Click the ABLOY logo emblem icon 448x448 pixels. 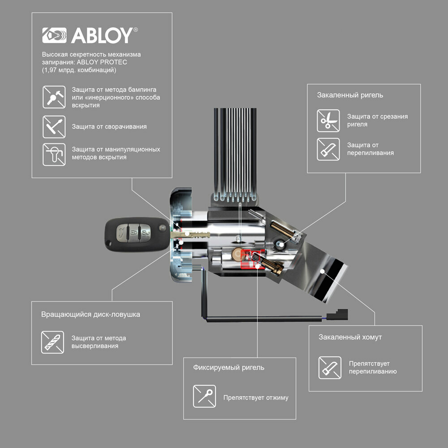click(x=54, y=35)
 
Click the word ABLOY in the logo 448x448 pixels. click(x=102, y=35)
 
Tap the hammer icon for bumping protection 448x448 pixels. click(x=54, y=97)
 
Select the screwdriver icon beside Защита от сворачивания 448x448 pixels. click(x=54, y=126)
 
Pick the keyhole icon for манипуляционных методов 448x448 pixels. click(x=54, y=155)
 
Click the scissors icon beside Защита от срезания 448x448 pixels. click(x=328, y=120)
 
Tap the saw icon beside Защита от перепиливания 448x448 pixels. click(x=328, y=149)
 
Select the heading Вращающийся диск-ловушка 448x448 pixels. click(x=90, y=314)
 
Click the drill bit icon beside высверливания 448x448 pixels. click(x=52, y=342)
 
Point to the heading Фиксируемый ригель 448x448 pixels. click(x=228, y=367)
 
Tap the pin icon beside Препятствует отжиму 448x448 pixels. click(x=204, y=396)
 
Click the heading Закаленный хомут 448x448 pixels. click(x=350, y=337)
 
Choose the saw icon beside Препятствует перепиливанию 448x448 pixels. click(x=330, y=367)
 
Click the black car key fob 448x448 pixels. click(x=131, y=234)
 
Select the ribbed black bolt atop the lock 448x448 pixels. click(x=236, y=155)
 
